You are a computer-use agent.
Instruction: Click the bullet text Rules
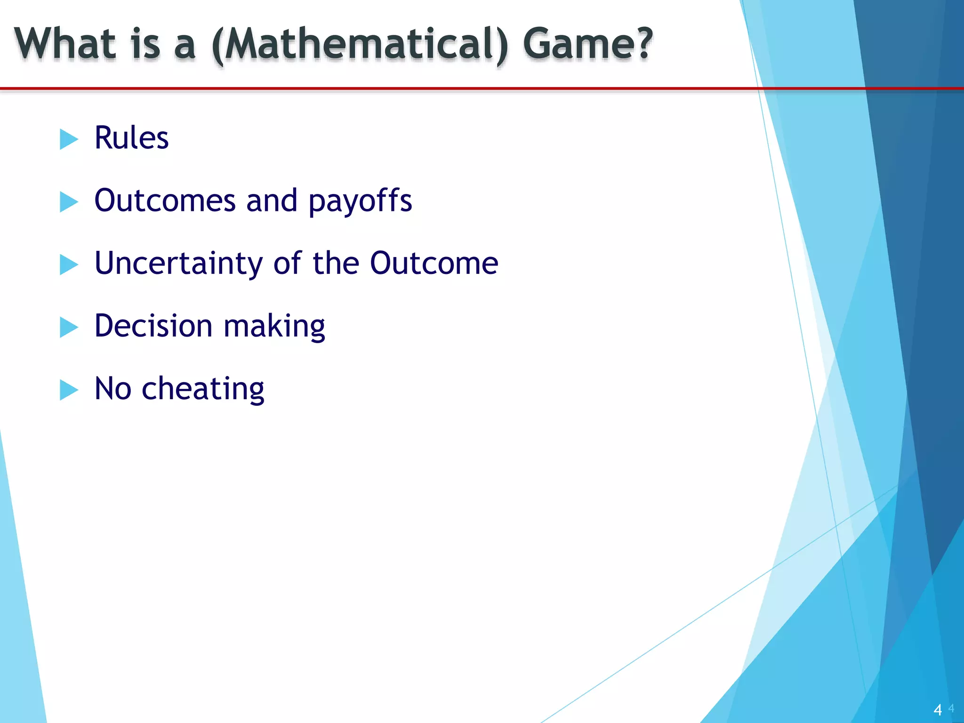tap(131, 138)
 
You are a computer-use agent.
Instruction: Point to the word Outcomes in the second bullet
tap(165, 201)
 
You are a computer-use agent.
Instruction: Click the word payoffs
tap(360, 201)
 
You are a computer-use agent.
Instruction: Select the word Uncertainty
tap(178, 264)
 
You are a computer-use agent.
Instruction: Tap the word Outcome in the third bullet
tap(434, 263)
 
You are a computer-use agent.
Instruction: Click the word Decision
tap(153, 326)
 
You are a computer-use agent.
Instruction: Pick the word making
tap(274, 327)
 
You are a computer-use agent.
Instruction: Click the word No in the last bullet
tap(113, 389)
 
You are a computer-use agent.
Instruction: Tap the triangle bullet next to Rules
tap(69, 139)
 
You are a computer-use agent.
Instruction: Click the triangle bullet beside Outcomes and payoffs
tap(69, 202)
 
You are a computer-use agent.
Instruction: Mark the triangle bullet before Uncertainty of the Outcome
tap(69, 265)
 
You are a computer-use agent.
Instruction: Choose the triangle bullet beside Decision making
tap(69, 327)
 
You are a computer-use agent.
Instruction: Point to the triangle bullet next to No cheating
tap(69, 390)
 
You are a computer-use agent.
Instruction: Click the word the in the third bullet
tap(336, 263)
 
